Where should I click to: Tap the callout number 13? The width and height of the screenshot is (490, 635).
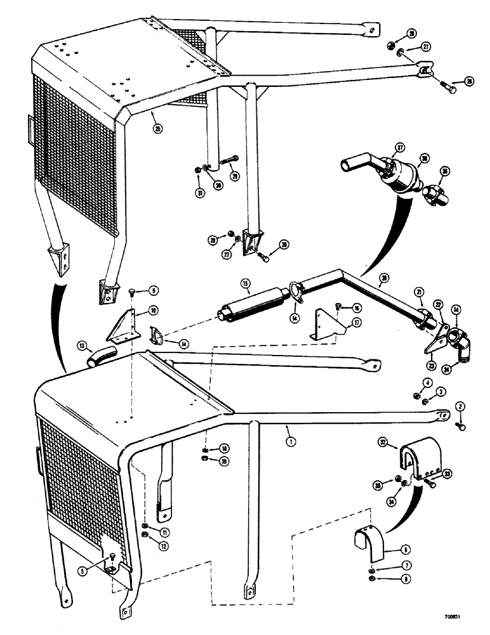pos(82,346)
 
